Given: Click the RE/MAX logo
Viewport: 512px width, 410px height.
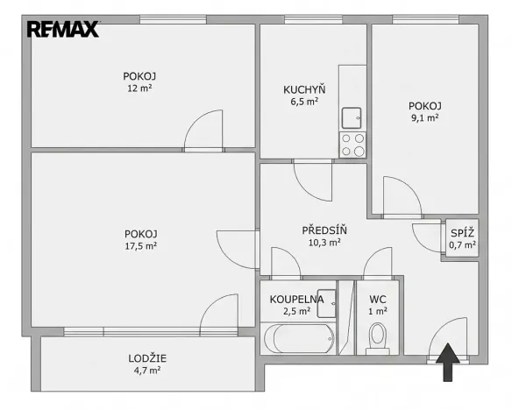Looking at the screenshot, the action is pyautogui.click(x=63, y=29).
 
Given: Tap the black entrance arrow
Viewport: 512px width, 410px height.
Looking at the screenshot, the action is pyautogui.click(x=448, y=362).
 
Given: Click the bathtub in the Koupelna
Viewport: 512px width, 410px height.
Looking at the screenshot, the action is pyautogui.click(x=299, y=338).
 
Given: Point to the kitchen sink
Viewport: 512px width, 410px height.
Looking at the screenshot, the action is pyautogui.click(x=352, y=118).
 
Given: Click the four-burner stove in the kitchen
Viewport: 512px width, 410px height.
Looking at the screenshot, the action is pyautogui.click(x=352, y=145).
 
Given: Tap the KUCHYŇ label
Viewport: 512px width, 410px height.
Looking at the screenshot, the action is pyautogui.click(x=304, y=89).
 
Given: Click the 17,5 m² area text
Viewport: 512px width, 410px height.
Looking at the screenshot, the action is pyautogui.click(x=141, y=246).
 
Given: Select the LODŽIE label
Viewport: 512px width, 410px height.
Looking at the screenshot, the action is pyautogui.click(x=147, y=358).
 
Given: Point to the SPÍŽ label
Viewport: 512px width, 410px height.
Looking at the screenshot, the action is pyautogui.click(x=462, y=233).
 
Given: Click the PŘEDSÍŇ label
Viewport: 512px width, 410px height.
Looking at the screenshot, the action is pyautogui.click(x=324, y=230).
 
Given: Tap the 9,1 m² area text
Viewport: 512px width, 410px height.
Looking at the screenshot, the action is pyautogui.click(x=425, y=117).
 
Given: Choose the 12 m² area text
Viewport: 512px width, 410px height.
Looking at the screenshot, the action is pyautogui.click(x=139, y=88).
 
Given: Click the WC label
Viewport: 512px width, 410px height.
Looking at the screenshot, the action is pyautogui.click(x=378, y=299).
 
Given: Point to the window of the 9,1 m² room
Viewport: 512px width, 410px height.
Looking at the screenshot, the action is pyautogui.click(x=425, y=19).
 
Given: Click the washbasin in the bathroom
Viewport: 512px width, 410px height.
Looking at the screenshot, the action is pyautogui.click(x=326, y=303).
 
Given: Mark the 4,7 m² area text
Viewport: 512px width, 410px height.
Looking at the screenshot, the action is pyautogui.click(x=147, y=371).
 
